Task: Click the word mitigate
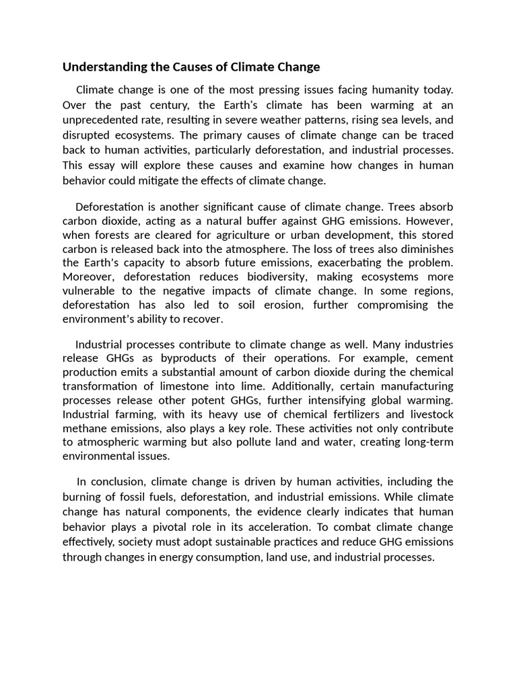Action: point(168,180)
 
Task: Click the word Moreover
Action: point(88,277)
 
